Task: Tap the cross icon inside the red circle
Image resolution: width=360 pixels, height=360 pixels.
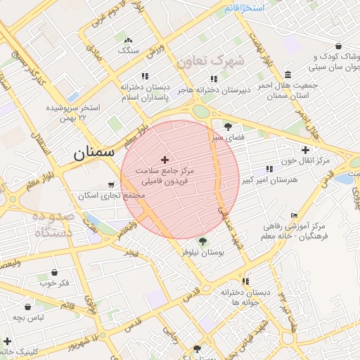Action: point(165,160)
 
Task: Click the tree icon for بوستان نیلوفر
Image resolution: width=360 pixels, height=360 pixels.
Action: point(202,241)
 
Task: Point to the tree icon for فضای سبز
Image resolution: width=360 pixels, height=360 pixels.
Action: point(228,127)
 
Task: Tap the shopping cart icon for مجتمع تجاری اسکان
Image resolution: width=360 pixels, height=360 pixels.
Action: point(111,185)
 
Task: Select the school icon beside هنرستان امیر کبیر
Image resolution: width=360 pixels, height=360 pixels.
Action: point(269,169)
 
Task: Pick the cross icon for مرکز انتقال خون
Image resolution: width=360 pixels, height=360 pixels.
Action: point(305,150)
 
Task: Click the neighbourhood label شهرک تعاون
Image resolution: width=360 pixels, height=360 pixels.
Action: point(210,62)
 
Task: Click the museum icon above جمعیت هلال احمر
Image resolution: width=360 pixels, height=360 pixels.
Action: point(288,75)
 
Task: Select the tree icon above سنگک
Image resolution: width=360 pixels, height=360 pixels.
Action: point(127,39)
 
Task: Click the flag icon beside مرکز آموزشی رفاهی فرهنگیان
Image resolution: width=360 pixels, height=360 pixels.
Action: point(294,215)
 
